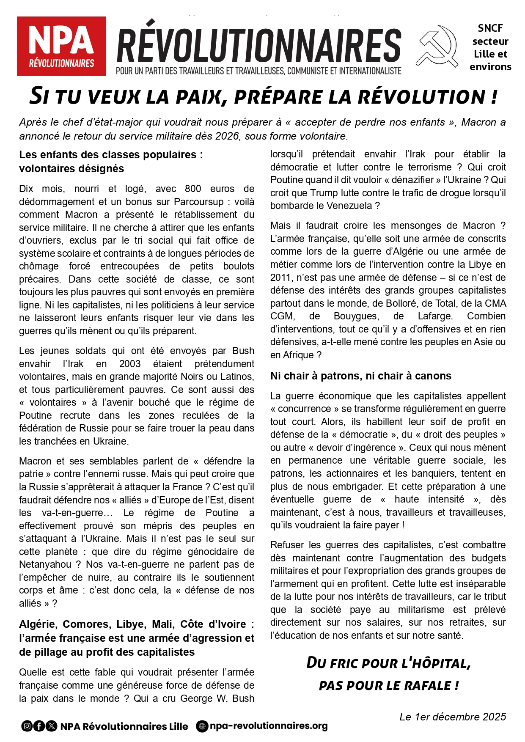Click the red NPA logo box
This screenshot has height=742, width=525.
(x=61, y=46)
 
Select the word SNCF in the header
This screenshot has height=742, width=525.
(x=490, y=28)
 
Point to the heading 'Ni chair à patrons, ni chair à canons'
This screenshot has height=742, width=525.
(x=361, y=376)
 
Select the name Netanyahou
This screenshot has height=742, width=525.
(x=45, y=564)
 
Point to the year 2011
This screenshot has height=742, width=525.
(x=280, y=278)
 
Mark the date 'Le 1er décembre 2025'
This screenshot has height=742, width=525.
(x=453, y=717)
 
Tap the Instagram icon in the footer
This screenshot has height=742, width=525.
(x=27, y=726)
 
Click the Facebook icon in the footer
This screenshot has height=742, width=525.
(x=39, y=726)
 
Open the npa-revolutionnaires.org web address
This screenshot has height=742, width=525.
(x=269, y=726)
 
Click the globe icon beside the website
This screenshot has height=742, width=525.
(x=202, y=726)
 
